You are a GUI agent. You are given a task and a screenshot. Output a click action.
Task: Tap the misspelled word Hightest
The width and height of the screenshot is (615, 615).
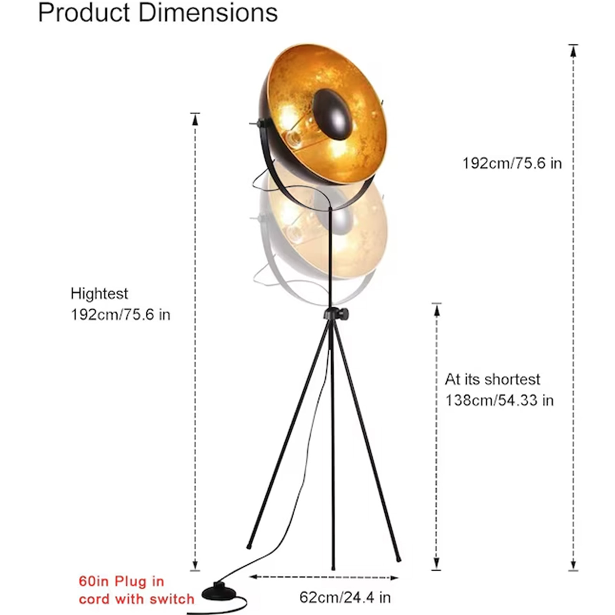tap(99, 294)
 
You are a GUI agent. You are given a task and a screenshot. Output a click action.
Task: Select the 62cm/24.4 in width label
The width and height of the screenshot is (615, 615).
tap(345, 598)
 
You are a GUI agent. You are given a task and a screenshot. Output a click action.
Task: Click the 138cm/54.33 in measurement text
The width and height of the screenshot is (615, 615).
tap(499, 401)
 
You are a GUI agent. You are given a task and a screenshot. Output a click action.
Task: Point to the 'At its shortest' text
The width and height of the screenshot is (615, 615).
tap(492, 379)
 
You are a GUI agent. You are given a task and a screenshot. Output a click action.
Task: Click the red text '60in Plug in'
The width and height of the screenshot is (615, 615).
tap(121, 582)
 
